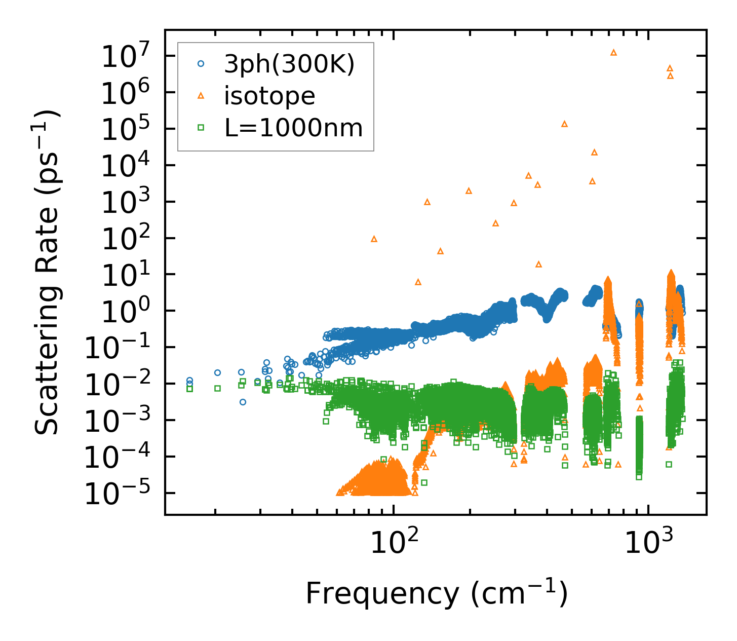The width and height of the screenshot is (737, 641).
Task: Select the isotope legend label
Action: [269, 96]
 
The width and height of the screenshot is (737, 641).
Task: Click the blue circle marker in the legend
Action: [201, 64]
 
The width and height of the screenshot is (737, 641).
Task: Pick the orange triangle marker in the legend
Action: [201, 95]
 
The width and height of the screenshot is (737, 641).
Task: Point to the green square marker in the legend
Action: [201, 128]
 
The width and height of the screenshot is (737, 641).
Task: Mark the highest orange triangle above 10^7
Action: [613, 52]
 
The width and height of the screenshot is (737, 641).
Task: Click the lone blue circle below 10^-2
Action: [243, 402]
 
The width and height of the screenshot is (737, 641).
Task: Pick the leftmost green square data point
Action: [189, 389]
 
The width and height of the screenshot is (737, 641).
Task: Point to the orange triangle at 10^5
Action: [564, 124]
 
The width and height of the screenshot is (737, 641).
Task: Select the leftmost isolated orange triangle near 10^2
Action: [374, 239]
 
